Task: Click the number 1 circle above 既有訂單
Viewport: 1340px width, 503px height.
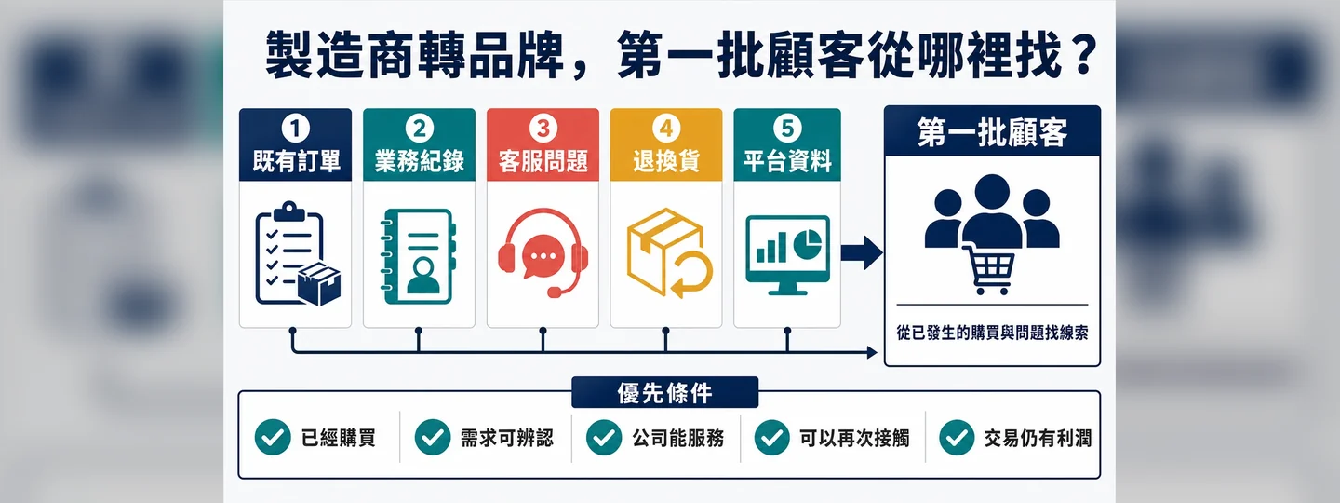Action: pos(296,129)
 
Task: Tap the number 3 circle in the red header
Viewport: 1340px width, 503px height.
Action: pos(543,129)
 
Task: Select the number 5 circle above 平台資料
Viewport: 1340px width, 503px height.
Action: pos(787,129)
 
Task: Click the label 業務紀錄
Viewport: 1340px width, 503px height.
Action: pos(420,161)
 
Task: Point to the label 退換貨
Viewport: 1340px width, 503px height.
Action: pos(666,161)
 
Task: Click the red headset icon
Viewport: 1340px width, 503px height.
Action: pos(543,252)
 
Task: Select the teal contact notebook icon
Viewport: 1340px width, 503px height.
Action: pos(419,256)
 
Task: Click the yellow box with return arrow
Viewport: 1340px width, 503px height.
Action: pos(669,252)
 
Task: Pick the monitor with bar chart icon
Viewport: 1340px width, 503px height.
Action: pos(787,254)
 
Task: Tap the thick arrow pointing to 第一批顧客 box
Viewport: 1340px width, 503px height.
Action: pos(862,252)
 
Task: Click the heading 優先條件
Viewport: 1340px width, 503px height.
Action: pos(664,393)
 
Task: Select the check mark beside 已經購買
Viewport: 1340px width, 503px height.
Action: pos(273,438)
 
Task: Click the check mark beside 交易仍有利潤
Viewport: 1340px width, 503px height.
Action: pos(958,438)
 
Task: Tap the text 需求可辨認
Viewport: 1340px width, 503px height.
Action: pos(506,439)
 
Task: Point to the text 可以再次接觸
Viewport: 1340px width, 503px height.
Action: pos(854,439)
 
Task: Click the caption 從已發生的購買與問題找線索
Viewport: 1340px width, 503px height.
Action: pos(992,333)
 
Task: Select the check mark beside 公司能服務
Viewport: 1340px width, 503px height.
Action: pos(604,438)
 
